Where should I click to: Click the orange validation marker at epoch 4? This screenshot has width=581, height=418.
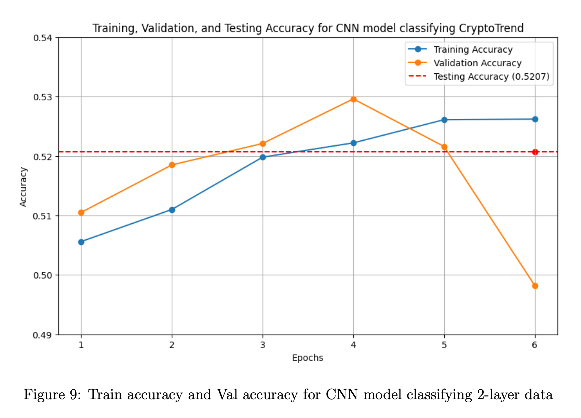click(x=353, y=99)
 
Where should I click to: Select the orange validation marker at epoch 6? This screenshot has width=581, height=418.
click(x=535, y=286)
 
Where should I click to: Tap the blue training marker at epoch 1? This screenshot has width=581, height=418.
click(x=81, y=242)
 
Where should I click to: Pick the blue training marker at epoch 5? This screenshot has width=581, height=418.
click(x=444, y=120)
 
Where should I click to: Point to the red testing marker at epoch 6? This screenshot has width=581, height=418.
click(x=535, y=152)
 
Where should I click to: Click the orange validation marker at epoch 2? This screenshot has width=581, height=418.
click(x=172, y=165)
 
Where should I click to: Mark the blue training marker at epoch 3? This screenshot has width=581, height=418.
click(x=262, y=157)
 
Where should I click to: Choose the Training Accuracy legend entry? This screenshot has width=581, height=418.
click(x=473, y=50)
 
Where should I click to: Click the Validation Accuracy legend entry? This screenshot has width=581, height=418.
click(x=477, y=63)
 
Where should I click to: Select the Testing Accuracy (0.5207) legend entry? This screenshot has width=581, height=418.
click(x=491, y=76)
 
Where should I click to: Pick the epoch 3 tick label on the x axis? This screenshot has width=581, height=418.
click(x=262, y=345)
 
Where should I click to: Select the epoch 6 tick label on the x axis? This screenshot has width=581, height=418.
click(x=535, y=345)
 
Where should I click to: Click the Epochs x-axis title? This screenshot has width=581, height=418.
click(x=308, y=358)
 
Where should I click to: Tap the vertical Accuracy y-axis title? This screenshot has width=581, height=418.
click(x=23, y=186)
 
